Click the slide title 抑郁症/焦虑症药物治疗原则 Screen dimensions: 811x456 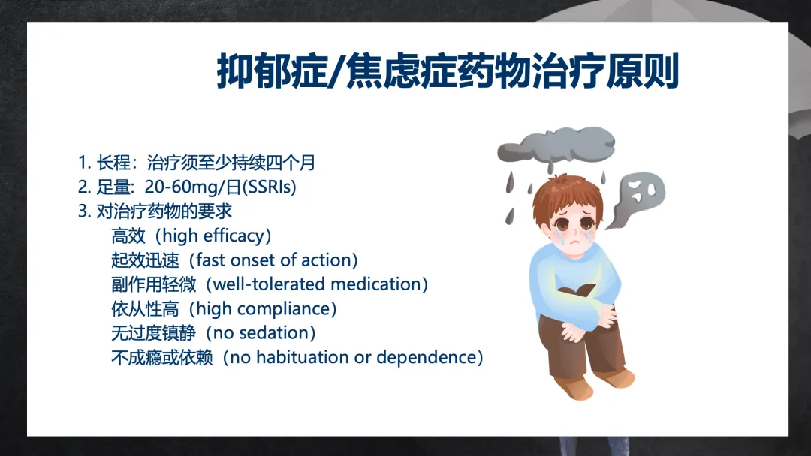(x=448, y=71)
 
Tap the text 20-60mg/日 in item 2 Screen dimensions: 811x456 (x=193, y=187)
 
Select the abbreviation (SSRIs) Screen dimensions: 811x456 (x=269, y=187)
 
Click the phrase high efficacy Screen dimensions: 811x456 (x=213, y=235)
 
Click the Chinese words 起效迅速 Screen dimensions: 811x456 (x=145, y=259)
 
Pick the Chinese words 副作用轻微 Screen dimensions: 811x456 (x=154, y=284)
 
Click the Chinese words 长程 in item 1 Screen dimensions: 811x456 (x=113, y=163)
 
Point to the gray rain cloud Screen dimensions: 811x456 (x=556, y=145)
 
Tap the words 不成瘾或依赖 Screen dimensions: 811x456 (x=162, y=357)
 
